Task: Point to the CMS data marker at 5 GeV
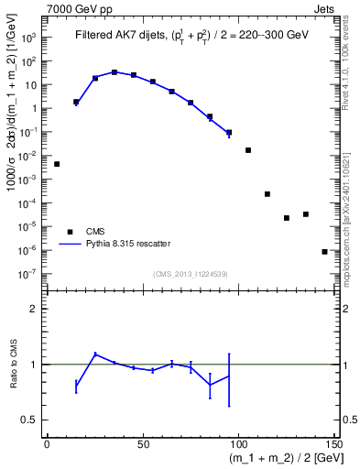tap(57, 164)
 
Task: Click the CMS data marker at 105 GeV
tap(248, 150)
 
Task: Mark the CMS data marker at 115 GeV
tap(267, 194)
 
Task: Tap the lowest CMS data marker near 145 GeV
tap(325, 252)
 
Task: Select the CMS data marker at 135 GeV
tap(306, 214)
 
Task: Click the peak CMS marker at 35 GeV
tap(115, 71)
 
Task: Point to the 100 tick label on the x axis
tap(238, 444)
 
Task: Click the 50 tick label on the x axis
tap(143, 444)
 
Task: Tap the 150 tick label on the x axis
tap(333, 444)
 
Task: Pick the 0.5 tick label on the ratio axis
tap(31, 420)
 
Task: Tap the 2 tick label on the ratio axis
tap(37, 310)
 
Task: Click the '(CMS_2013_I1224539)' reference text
tap(191, 273)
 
